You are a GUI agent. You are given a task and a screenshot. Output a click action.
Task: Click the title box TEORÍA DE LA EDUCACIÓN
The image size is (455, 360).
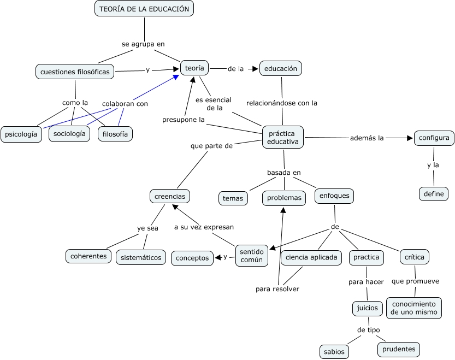(144, 9)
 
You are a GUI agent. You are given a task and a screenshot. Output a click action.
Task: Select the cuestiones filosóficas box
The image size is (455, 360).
(75, 72)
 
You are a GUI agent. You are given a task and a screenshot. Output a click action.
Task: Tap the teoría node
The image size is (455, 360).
(194, 68)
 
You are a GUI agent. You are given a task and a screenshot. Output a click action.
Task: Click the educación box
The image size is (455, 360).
(281, 69)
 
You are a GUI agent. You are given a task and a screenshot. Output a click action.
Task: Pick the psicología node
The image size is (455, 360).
(21, 134)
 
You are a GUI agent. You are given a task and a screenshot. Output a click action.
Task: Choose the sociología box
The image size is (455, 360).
(69, 133)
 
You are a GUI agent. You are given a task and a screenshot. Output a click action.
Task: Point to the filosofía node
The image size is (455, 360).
(115, 134)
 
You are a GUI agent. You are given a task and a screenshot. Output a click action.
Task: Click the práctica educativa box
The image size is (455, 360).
(283, 137)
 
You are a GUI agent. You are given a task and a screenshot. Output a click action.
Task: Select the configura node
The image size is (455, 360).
(434, 138)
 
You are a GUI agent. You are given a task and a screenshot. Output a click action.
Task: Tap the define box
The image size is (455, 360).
(434, 194)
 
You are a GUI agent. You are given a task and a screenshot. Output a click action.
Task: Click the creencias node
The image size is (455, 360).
(170, 196)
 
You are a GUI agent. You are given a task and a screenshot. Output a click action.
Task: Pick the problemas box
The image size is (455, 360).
(284, 198)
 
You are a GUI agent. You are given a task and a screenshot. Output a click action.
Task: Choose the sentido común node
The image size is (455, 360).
(252, 256)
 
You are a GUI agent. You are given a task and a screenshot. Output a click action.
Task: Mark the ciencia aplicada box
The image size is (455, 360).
(311, 257)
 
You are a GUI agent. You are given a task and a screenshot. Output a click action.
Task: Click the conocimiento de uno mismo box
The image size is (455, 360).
(414, 308)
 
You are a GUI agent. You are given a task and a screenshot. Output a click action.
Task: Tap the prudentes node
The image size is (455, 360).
(399, 349)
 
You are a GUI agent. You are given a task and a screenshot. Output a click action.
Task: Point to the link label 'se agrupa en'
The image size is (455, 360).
(143, 44)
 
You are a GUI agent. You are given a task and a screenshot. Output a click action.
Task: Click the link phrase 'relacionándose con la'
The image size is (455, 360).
(282, 103)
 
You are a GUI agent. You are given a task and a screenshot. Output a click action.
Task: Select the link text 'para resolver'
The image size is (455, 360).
(277, 289)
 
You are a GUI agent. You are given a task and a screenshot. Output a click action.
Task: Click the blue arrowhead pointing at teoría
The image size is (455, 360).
(176, 77)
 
